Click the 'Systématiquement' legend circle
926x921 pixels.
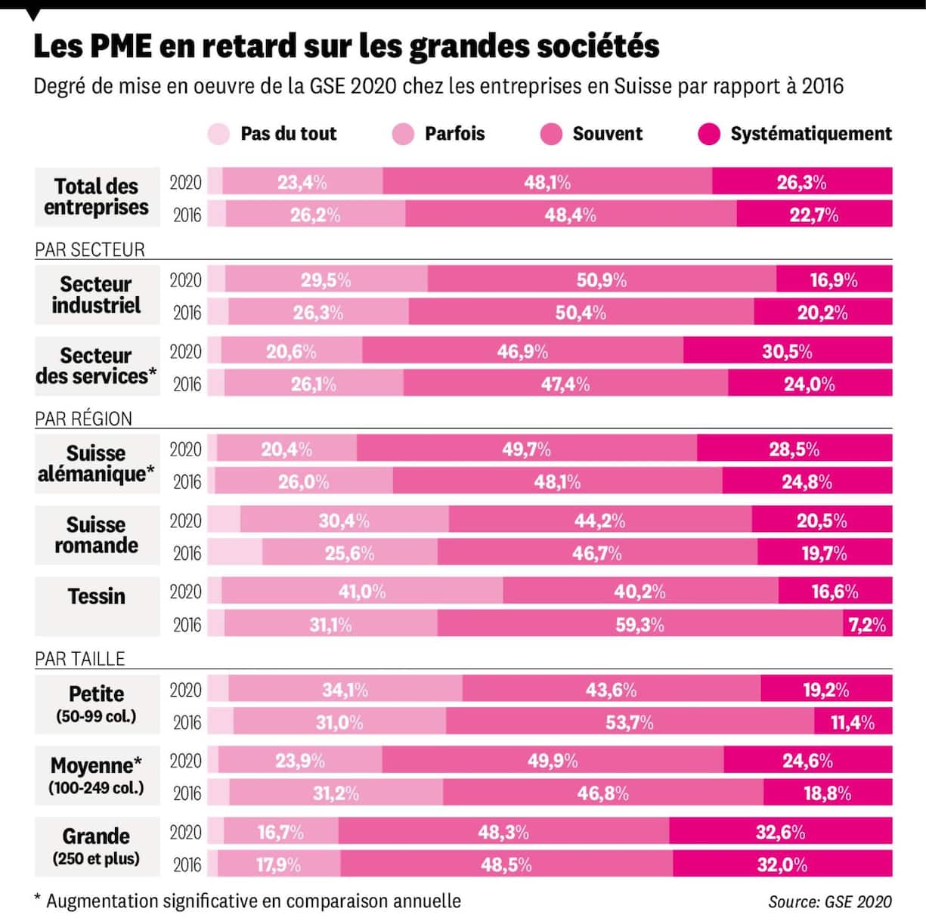click(709, 134)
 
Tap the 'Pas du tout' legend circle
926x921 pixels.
click(218, 134)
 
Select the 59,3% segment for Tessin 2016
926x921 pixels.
click(640, 624)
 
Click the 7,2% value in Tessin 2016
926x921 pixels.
click(867, 624)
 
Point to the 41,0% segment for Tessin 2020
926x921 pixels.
click(362, 591)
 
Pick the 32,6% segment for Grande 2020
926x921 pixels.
click(780, 832)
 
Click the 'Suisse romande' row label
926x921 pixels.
click(97, 535)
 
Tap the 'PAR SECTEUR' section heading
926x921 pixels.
click(89, 249)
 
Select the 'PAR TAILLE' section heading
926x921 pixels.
click(79, 658)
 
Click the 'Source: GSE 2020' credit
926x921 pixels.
click(829, 901)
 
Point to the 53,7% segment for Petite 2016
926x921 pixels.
click(629, 722)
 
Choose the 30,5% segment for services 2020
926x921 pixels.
click(787, 351)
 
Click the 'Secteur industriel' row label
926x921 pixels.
click(96, 295)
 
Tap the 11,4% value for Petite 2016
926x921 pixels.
click(853, 722)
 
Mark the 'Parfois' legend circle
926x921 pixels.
click(404, 134)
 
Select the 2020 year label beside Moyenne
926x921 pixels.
click(185, 761)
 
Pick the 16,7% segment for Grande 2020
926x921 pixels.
click(280, 832)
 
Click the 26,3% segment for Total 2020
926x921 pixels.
click(801, 182)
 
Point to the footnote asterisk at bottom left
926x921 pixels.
click(38, 899)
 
